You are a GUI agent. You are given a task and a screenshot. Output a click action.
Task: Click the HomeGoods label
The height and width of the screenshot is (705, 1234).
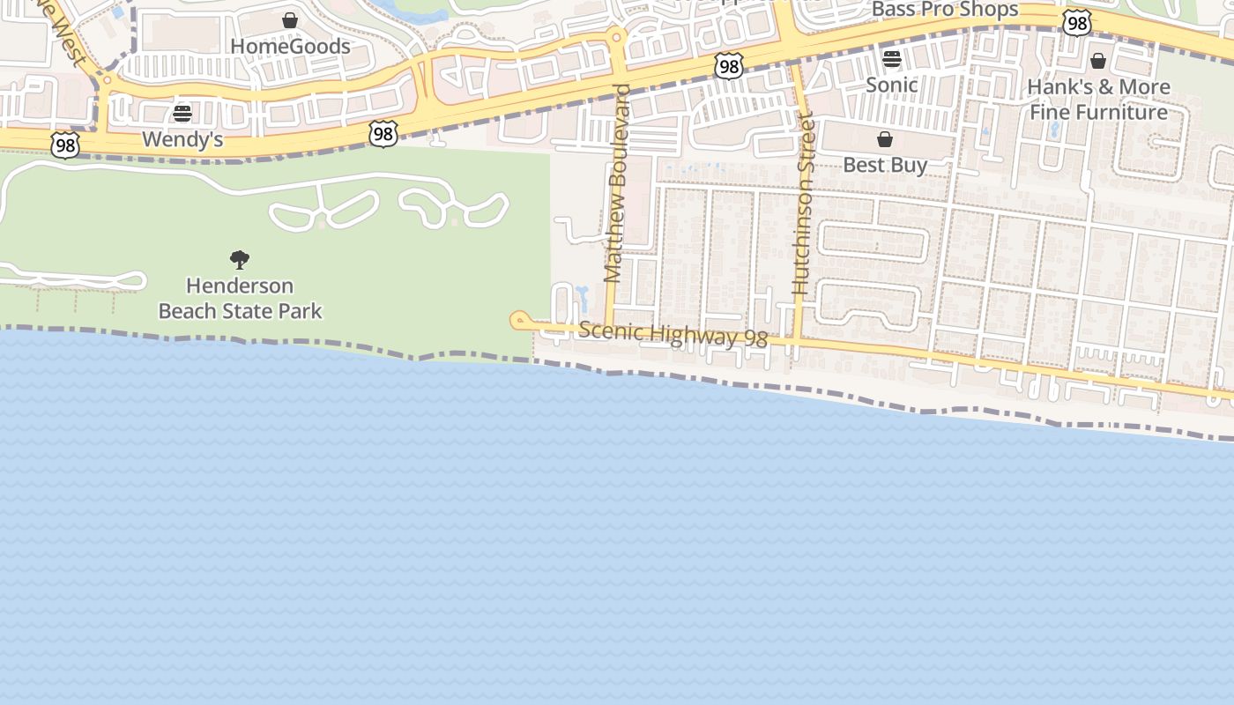coord(290,47)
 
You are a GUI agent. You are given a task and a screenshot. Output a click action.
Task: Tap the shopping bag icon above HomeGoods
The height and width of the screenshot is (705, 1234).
coord(290,20)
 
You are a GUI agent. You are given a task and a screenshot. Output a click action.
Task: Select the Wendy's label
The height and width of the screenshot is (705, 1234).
coord(182,139)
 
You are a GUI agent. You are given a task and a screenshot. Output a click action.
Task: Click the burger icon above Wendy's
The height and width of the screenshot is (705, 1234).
coord(182,113)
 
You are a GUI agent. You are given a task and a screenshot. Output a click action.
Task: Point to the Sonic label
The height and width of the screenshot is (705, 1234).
coord(891,85)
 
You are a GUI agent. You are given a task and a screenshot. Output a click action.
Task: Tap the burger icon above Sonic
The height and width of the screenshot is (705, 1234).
coord(892,59)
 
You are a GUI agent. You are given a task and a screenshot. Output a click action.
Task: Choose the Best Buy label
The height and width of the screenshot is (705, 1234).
coord(885,165)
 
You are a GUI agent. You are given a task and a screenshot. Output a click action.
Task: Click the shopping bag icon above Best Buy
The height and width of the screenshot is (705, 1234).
coord(885,139)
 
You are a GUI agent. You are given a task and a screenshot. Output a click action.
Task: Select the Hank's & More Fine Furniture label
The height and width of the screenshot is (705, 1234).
coord(1099,100)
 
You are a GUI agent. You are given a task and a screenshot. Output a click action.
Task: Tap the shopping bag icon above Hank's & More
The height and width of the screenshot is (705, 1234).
coord(1098,61)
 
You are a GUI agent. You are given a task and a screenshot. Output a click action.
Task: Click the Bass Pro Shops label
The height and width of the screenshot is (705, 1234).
coord(945,10)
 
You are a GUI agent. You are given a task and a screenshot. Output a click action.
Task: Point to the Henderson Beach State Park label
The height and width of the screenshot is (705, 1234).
coord(240,298)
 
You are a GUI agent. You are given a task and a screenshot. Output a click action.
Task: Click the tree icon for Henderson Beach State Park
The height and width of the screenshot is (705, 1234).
coord(239,260)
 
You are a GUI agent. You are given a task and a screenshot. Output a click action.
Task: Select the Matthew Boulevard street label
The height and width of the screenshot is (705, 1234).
coord(618,183)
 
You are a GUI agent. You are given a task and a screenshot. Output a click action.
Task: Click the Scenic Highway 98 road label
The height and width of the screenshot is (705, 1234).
coord(673,335)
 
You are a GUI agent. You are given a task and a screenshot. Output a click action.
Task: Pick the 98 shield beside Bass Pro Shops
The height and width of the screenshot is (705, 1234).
coord(1076,23)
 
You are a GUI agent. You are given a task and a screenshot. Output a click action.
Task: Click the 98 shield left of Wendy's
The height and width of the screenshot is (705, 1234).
coord(64,145)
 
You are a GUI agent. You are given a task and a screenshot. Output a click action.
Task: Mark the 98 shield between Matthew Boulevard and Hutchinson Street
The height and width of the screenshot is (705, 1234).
coord(729,65)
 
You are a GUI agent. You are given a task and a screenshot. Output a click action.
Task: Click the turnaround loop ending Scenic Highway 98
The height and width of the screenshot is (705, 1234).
coord(519,320)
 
